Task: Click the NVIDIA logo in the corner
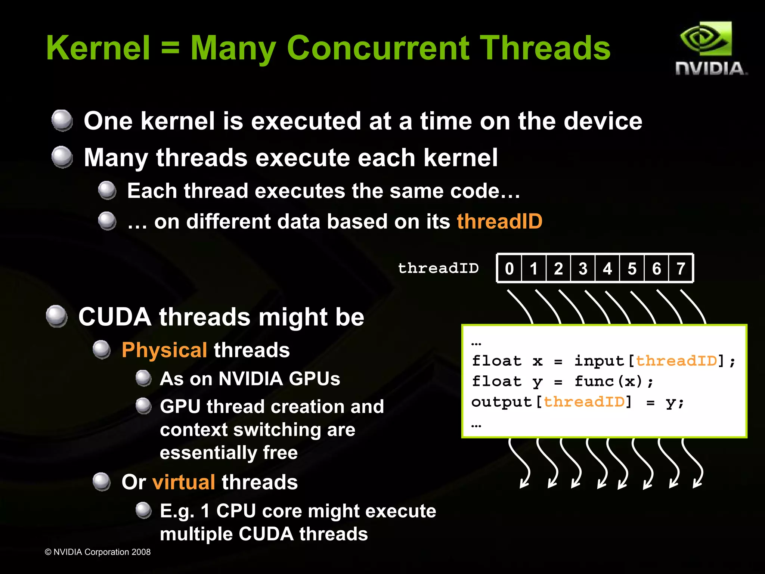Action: pos(709,49)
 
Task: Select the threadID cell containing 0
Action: pos(509,269)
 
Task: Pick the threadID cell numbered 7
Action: pos(681,269)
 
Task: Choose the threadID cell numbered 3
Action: pos(583,269)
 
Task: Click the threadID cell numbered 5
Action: pos(632,269)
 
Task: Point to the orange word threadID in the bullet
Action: pos(499,221)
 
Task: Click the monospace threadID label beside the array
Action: pos(438,268)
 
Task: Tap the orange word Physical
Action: pos(164,350)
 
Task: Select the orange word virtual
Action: pos(183,482)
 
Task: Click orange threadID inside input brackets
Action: pos(676,361)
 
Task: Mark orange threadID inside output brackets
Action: pos(584,402)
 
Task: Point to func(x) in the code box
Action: pos(608,381)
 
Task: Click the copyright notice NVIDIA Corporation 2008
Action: pos(98,552)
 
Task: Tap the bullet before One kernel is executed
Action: pos(62,121)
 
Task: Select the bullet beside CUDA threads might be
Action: pos(57,316)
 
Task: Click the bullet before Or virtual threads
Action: pos(102,482)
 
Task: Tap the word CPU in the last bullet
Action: pos(236,511)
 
